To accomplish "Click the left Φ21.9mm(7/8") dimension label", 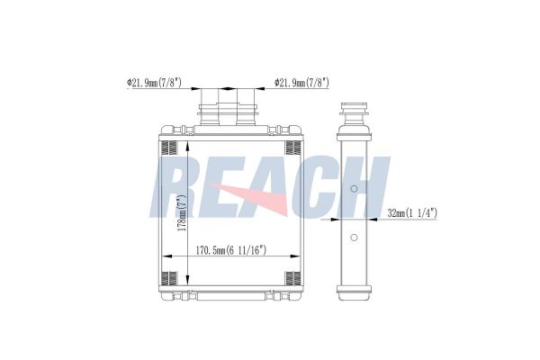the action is [x=154, y=83].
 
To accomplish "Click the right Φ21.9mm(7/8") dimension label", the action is [x=301, y=83].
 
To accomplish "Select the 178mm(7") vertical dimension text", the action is [x=183, y=212].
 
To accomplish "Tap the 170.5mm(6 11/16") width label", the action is [x=231, y=250].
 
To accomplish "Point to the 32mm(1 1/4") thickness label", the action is [x=412, y=213].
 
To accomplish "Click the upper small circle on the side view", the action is [x=354, y=189].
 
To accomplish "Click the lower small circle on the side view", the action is [x=354, y=238].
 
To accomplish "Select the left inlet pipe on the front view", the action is [x=210, y=107].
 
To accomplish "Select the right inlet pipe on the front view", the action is [x=246, y=107].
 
